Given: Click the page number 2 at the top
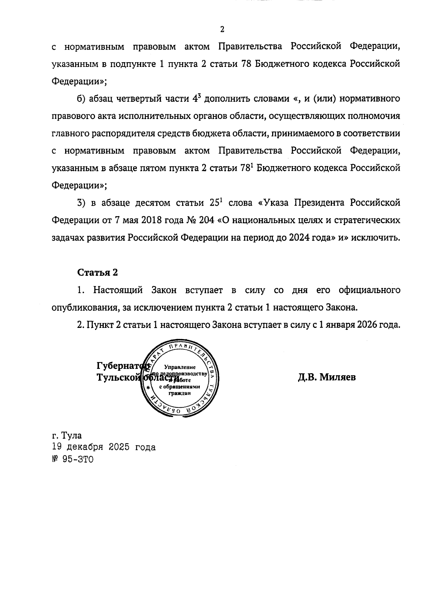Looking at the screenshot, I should [222, 29].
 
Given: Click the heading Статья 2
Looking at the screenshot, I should [97, 272].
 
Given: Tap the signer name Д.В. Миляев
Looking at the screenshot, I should [327, 377].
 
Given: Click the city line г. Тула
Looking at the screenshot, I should [67, 436].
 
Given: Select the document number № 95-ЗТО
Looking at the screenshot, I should [72, 459].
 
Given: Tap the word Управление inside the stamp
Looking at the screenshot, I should [180, 367].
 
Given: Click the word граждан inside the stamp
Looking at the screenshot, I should [180, 393].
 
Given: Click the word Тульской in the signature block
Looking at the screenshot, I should [118, 377].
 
